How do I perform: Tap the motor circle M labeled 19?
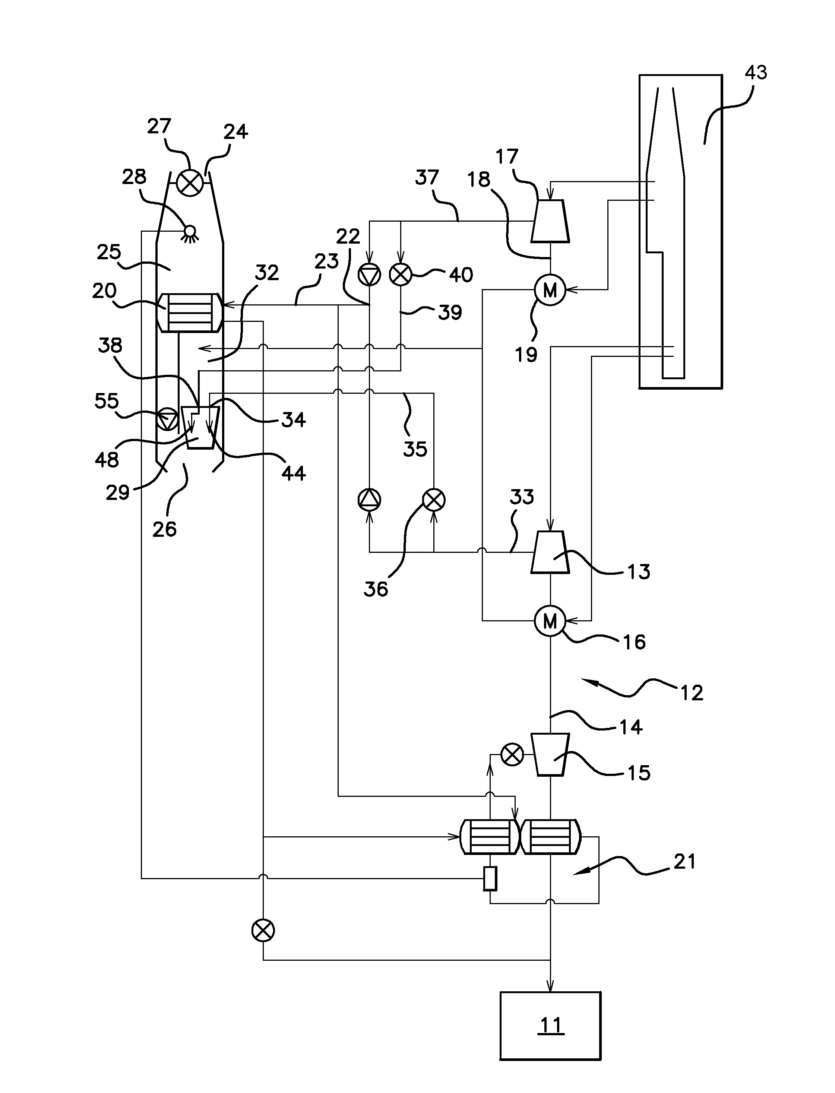(x=550, y=290)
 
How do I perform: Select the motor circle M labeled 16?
(x=550, y=621)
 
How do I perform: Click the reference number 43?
(x=756, y=73)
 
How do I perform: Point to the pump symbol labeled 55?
(x=167, y=420)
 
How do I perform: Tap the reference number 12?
(x=691, y=693)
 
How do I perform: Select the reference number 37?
(x=427, y=177)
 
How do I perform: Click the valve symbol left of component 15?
(x=512, y=755)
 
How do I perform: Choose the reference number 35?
(x=415, y=449)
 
